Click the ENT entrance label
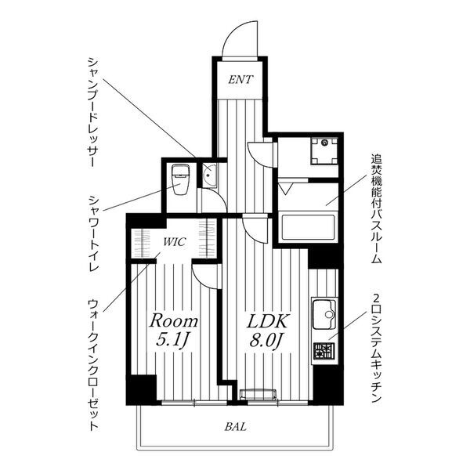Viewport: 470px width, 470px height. [x=241, y=79]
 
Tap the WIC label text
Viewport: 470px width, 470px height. [x=174, y=241]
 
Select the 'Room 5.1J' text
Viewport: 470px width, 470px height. [x=174, y=331]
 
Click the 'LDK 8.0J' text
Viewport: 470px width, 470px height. [x=269, y=331]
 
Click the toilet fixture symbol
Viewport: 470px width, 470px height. [x=179, y=181]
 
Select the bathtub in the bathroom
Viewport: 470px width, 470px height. [x=308, y=227]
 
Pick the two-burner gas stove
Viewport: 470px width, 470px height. [x=323, y=353]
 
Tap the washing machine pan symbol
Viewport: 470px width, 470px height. [x=324, y=150]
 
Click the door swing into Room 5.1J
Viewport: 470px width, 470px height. [x=205, y=276]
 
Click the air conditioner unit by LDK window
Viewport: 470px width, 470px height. [x=258, y=394]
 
